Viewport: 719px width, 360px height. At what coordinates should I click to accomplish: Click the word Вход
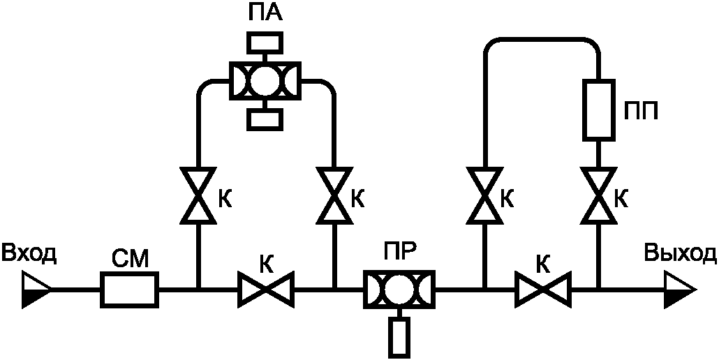pos(29,254)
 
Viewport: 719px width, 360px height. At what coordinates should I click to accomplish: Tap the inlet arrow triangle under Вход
pos(36,290)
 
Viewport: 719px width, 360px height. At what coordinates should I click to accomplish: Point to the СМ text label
pos(130,260)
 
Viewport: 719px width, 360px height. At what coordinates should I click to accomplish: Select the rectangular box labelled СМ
pos(130,290)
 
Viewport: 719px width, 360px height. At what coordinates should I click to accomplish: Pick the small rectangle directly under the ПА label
pos(265,43)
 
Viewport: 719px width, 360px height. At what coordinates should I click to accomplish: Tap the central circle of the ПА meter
pos(265,81)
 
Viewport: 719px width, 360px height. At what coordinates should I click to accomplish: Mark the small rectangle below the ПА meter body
pos(265,119)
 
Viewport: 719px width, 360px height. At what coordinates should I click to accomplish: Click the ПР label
pos(399,251)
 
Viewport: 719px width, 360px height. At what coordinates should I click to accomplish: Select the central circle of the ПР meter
pos(399,290)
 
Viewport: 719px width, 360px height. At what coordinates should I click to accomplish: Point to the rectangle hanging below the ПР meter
pos(399,338)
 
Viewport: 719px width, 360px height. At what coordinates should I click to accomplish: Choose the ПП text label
pos(641,110)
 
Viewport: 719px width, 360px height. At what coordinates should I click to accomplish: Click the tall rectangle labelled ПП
pos(598,110)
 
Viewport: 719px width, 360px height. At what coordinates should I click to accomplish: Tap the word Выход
pos(681,253)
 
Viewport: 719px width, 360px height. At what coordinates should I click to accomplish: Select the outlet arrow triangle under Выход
pos(681,290)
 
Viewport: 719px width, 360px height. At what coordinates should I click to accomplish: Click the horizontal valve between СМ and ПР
pos(265,290)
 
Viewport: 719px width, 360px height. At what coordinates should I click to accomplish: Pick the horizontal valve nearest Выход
pos(543,290)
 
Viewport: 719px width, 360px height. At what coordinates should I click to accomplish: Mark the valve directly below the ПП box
pos(598,195)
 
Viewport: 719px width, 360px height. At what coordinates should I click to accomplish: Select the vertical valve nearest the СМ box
pos(198,195)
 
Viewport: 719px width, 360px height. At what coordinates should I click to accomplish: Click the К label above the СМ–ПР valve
pos(267,263)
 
